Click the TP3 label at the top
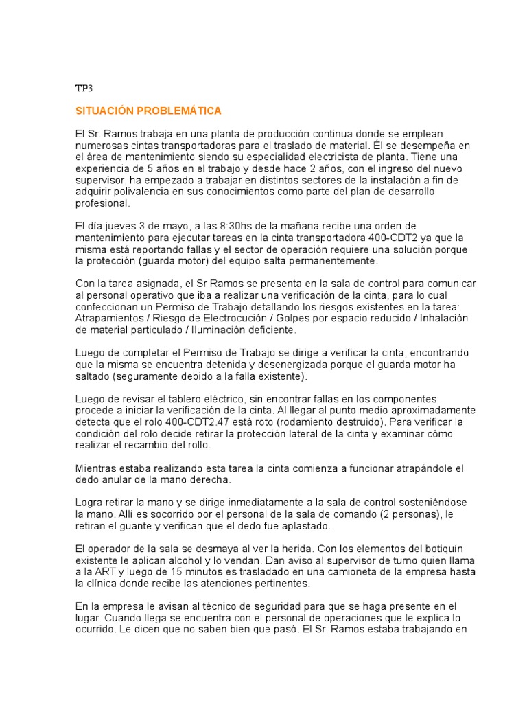(x=83, y=89)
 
